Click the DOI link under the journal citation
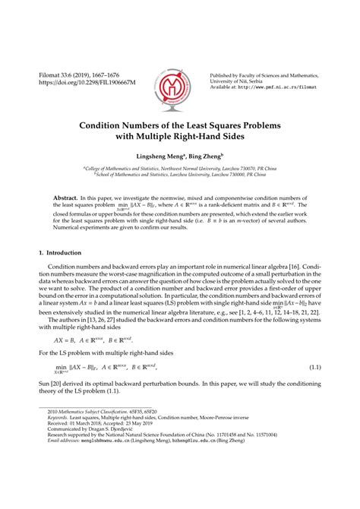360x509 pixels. [x=74, y=79]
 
